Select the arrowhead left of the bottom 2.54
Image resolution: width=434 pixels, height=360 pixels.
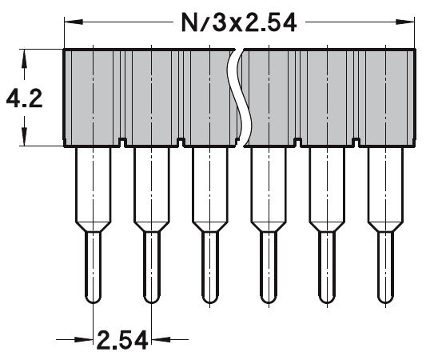tap(86, 340)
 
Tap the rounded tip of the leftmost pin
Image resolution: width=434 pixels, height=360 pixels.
tap(93, 298)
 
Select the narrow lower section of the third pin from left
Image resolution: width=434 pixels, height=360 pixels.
tap(209, 264)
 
